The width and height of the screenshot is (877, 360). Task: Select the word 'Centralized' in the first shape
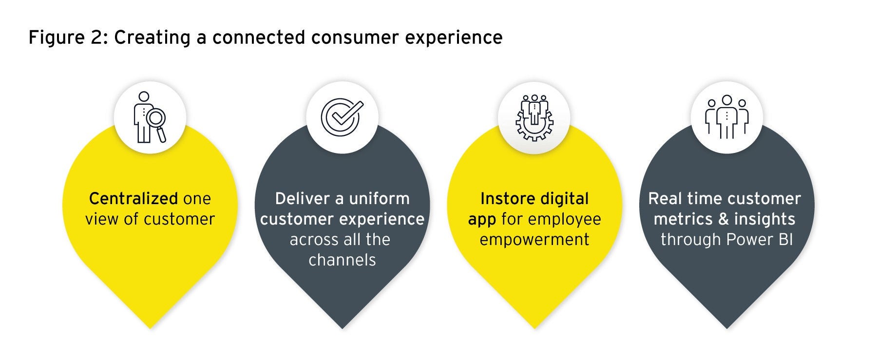point(133,198)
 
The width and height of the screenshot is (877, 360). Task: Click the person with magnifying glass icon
point(150,117)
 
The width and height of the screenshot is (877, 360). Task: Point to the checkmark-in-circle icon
point(342,117)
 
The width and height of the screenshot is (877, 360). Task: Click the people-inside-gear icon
point(534,118)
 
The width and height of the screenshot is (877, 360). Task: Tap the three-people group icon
point(726,117)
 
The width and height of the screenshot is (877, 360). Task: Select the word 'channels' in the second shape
point(342,260)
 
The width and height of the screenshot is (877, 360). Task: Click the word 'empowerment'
point(534,239)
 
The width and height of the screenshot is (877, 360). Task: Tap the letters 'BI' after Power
point(785,239)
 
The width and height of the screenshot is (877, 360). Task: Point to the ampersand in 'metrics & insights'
point(724,219)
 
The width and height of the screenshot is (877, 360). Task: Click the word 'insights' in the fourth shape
point(764,219)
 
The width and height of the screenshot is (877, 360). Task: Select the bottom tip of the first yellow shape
point(150,328)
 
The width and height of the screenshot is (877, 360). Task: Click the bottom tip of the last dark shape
point(726,328)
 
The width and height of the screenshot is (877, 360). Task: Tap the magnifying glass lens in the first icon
point(157,118)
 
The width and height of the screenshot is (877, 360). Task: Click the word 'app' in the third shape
point(482,220)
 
